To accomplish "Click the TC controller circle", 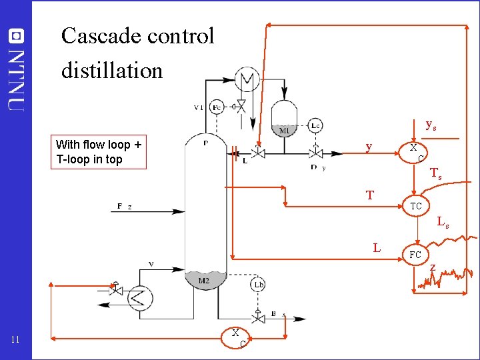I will click(415, 206).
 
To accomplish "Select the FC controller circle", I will click(415, 255).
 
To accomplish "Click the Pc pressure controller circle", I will click(217, 107).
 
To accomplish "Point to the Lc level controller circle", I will click(316, 125).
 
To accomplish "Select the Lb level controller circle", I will click(259, 285).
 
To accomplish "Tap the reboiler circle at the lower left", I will click(139, 297).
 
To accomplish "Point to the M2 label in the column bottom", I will click(205, 281).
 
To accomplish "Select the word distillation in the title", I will click(112, 70).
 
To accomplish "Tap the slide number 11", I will click(17, 341).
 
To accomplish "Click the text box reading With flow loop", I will click(98, 152).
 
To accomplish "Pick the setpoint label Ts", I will click(435, 174).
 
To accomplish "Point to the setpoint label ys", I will click(431, 125).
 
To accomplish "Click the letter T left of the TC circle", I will click(370, 195).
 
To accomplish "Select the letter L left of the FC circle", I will click(377, 248).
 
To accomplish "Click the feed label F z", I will click(124, 207).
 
